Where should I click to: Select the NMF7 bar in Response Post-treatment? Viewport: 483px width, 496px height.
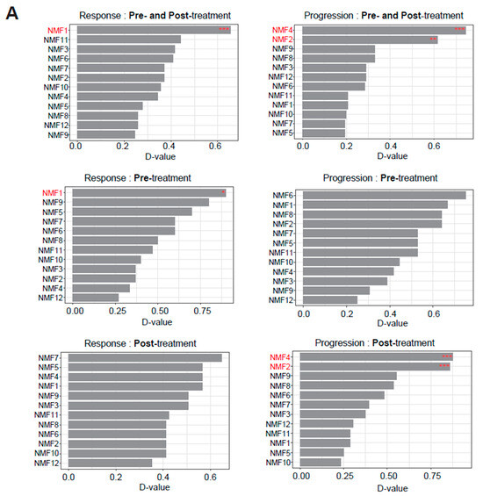[145, 357]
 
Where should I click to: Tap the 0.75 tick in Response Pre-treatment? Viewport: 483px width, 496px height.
[202, 311]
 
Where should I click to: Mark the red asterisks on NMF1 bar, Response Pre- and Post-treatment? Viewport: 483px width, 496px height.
[224, 30]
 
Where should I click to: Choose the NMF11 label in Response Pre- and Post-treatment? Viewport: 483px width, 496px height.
[55, 40]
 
